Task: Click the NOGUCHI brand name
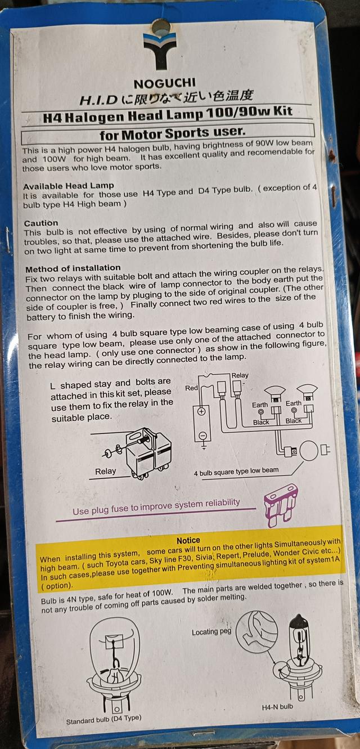[164, 83]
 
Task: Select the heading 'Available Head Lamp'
[69, 185]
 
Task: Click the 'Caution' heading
[41, 223]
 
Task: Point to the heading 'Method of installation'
[73, 268]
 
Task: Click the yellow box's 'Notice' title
[188, 540]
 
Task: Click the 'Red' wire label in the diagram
[191, 388]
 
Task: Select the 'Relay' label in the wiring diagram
[240, 375]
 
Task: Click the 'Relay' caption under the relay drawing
[105, 471]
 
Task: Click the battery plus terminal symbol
[201, 411]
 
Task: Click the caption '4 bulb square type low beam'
[236, 472]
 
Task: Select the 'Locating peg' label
[211, 632]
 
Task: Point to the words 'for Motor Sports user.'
[172, 134]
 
